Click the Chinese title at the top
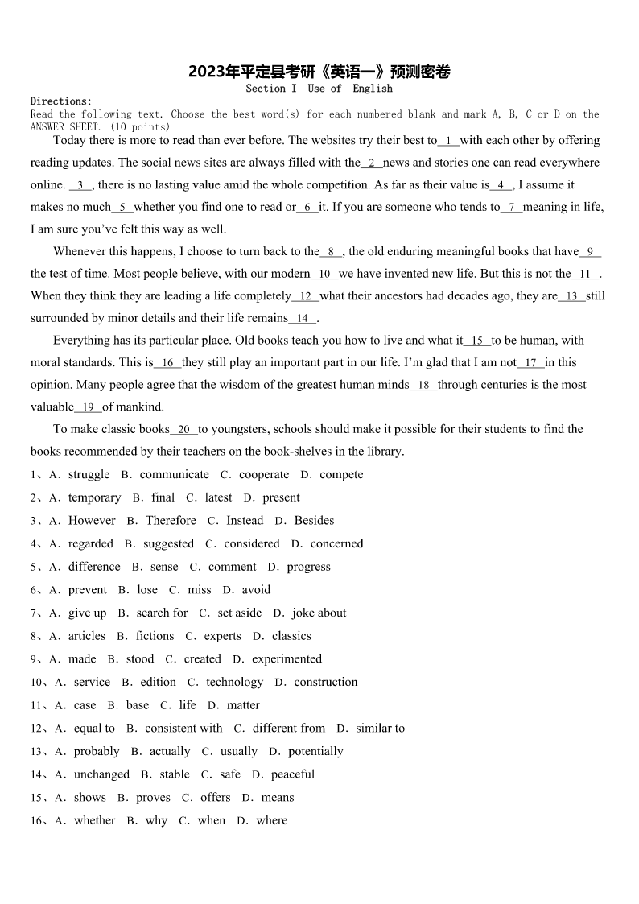coord(319,72)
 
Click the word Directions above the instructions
coord(61,101)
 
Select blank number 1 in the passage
coord(448,141)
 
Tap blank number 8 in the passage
coord(331,252)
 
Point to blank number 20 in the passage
coord(184,430)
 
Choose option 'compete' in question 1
coord(341,475)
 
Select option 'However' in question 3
coord(92,521)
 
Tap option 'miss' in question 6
coord(200,590)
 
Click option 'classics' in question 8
coord(291,636)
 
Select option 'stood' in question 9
coord(140,659)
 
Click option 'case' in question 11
coord(85,705)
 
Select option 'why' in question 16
coord(156,821)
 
